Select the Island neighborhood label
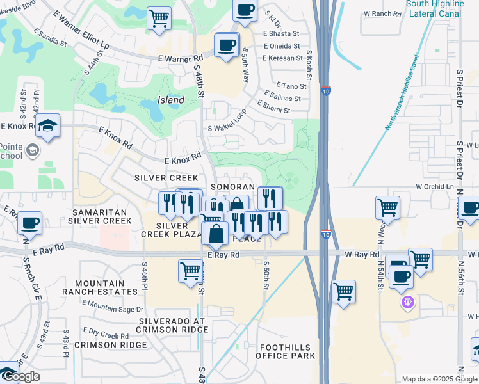click(171, 100)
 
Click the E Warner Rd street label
click(181, 58)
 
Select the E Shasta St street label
click(282, 33)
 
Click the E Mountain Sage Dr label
click(112, 309)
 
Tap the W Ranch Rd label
click(381, 13)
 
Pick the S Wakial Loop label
click(227, 122)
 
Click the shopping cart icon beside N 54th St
click(387, 207)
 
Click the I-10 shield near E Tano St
click(326, 92)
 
